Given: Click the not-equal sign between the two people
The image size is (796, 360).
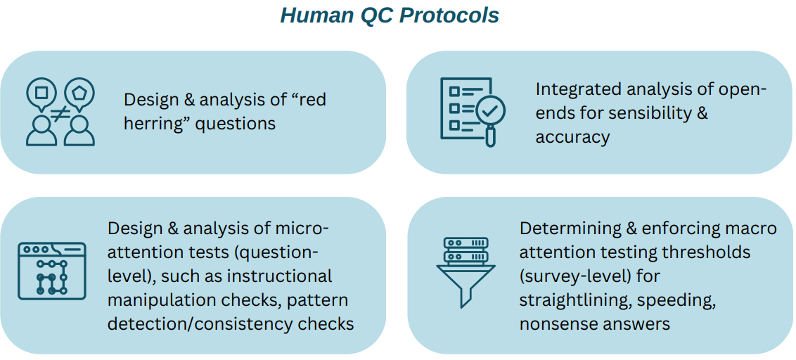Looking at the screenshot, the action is click(60, 114).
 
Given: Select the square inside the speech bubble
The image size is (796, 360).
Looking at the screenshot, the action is click(41, 92).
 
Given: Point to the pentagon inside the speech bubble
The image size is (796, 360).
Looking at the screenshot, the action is click(79, 92).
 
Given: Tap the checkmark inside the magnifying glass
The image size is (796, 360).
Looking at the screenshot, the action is click(489, 109).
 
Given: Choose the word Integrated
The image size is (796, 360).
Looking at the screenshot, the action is click(576, 90).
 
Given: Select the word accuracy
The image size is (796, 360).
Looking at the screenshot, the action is click(572, 138).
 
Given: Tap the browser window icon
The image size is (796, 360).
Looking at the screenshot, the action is click(52, 271).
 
